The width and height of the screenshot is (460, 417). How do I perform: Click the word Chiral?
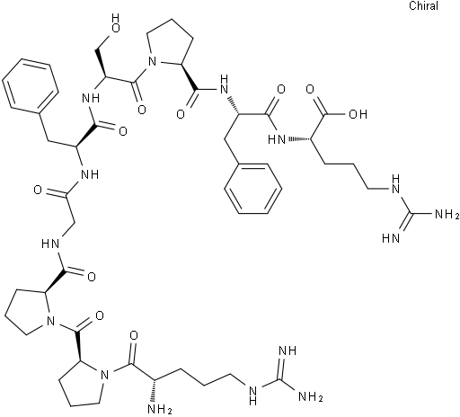(x=423, y=6)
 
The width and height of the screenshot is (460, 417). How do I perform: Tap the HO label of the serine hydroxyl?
(x=115, y=22)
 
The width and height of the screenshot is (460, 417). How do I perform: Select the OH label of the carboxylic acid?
(x=358, y=114)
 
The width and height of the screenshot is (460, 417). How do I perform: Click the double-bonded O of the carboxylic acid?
(x=310, y=89)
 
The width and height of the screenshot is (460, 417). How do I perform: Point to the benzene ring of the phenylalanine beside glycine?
(x=30, y=87)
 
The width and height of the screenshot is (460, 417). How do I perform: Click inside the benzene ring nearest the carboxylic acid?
(x=253, y=189)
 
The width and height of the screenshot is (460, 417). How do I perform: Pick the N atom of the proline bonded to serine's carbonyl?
(x=153, y=62)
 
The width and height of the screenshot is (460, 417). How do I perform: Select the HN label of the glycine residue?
(x=50, y=244)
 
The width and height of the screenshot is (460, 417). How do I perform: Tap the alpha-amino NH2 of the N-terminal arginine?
(x=161, y=410)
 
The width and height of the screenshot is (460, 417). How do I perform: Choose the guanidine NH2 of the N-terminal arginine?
(x=311, y=397)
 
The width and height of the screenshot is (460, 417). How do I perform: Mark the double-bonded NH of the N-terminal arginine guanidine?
(x=287, y=350)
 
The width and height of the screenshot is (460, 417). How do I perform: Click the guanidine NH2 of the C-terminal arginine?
(x=447, y=214)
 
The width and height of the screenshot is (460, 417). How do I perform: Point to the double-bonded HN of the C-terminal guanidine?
(x=391, y=239)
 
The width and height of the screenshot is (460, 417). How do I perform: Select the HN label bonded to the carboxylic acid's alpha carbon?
(x=277, y=139)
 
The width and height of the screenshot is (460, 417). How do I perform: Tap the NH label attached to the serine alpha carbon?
(x=91, y=98)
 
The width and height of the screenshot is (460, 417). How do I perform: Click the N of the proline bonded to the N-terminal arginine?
(x=104, y=375)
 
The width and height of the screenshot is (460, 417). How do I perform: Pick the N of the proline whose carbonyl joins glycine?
(x=51, y=322)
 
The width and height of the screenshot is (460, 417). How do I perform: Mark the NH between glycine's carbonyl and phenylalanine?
(x=91, y=174)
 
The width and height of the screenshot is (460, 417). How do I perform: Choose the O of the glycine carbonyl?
(x=38, y=190)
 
